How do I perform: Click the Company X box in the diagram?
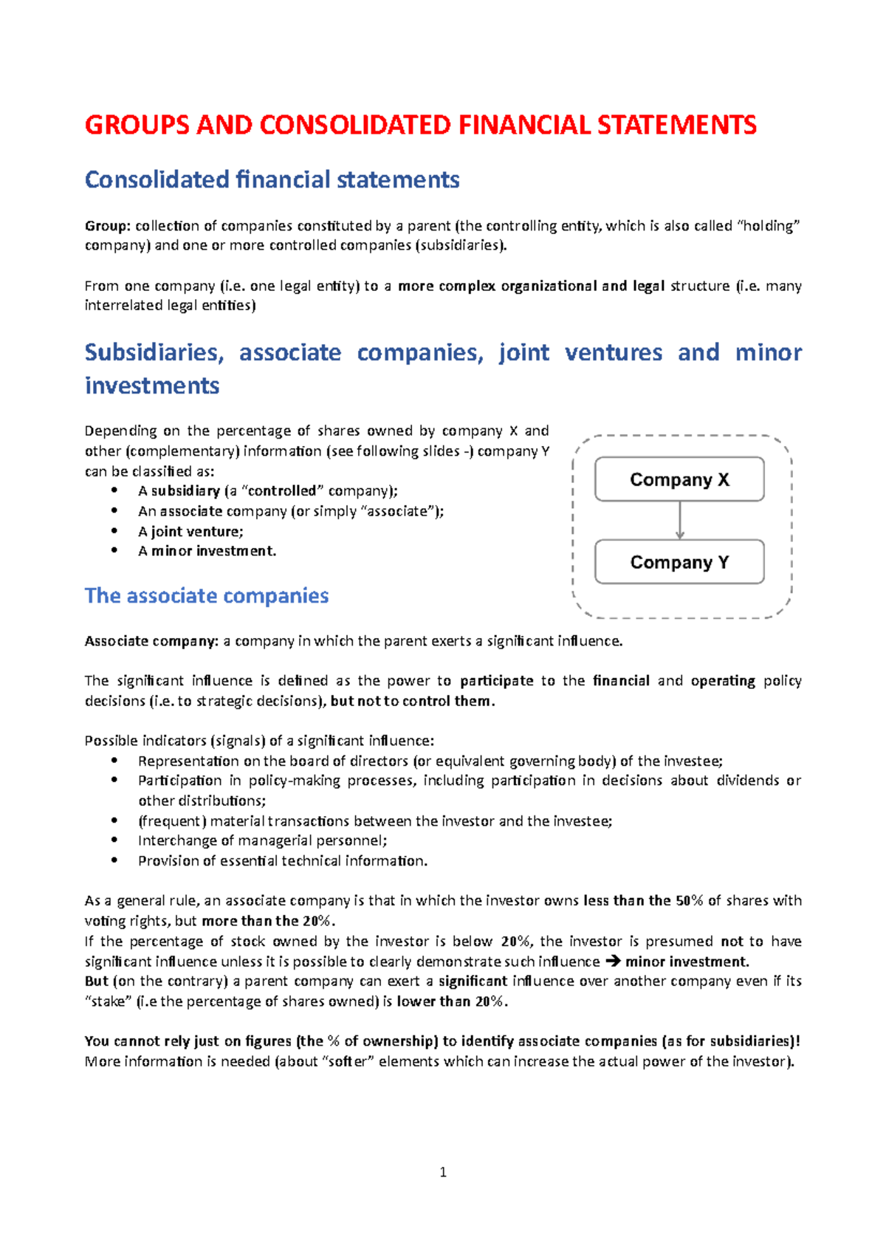coord(679,479)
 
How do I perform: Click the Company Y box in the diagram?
coord(679,562)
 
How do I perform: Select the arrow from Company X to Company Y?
coord(680,521)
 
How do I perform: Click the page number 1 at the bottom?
coord(443,1172)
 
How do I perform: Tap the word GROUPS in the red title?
coord(137,125)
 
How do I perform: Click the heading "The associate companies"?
coord(207,596)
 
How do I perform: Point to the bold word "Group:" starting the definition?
coord(108,226)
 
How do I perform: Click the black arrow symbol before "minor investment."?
coord(613,962)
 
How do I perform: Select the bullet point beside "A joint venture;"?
coord(114,531)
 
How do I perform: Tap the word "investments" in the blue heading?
coord(152,386)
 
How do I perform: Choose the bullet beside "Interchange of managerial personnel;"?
coord(114,840)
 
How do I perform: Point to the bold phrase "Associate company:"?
coord(151,641)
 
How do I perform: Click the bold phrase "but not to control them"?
coord(411,701)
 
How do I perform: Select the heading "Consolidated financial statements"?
coord(272,180)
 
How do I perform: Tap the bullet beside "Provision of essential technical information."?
coord(114,860)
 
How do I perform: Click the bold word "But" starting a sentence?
coord(97,981)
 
